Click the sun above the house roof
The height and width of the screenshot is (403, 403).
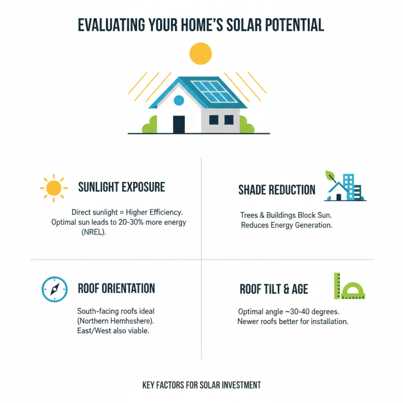tap(201, 53)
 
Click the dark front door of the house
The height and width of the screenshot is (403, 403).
tap(179, 124)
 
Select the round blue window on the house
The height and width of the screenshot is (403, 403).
tap(179, 100)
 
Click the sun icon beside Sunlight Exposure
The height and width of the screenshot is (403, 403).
tap(53, 188)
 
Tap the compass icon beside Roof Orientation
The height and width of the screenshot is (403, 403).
tap(53, 289)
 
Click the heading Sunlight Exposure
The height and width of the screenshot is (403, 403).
tap(121, 187)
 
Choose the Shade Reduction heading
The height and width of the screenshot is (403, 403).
tap(277, 190)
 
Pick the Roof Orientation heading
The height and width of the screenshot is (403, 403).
tap(116, 289)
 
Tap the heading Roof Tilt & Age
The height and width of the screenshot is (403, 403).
tap(274, 289)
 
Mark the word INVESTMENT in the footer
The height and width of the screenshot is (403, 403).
tap(237, 385)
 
